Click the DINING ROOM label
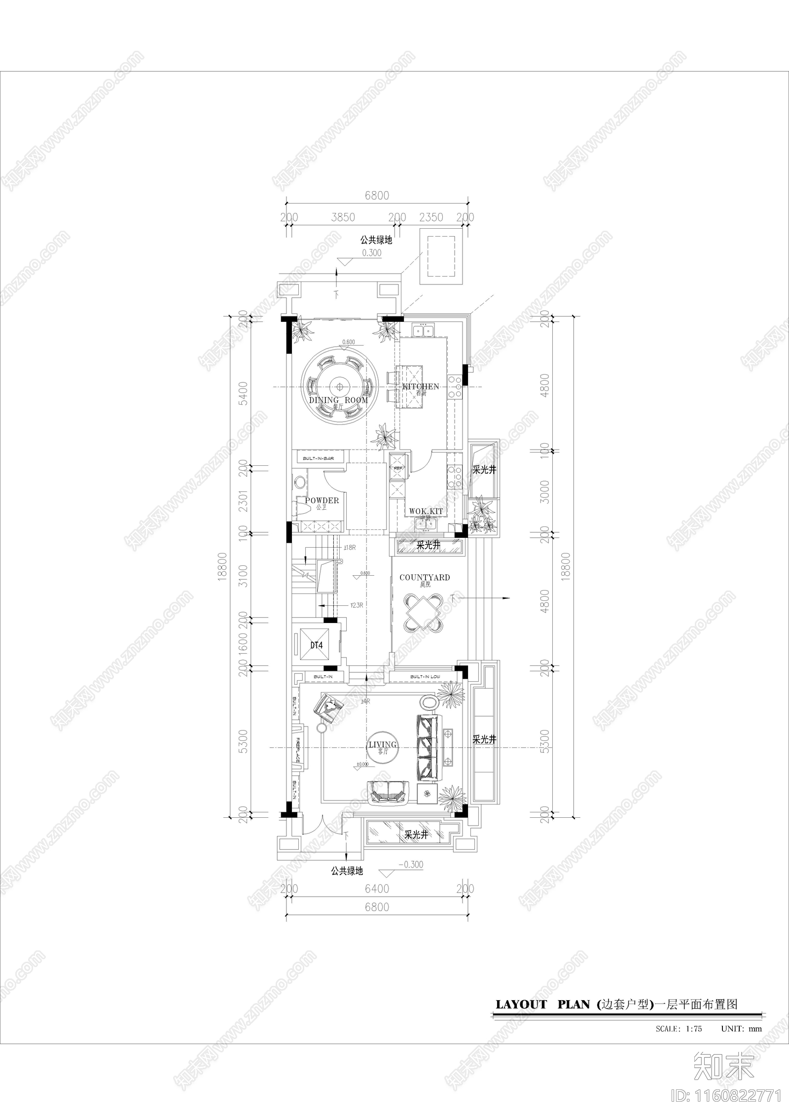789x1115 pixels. pyautogui.click(x=338, y=400)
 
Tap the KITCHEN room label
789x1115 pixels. pyautogui.click(x=421, y=386)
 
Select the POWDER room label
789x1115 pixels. pyautogui.click(x=322, y=500)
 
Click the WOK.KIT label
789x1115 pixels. pyautogui.click(x=426, y=511)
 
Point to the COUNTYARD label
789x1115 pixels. pyautogui.click(x=425, y=577)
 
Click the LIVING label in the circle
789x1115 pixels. pyautogui.click(x=383, y=759)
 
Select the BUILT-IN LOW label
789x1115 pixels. pyautogui.click(x=425, y=677)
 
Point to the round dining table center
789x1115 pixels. pyautogui.click(x=339, y=385)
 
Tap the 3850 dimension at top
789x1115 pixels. pyautogui.click(x=342, y=217)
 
